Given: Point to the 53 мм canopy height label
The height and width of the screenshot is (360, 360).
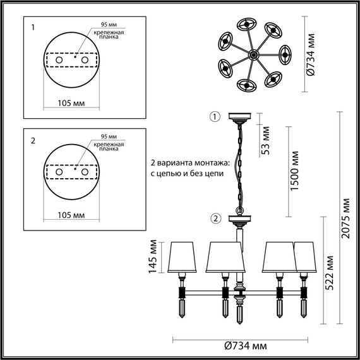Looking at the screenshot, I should click(x=266, y=146).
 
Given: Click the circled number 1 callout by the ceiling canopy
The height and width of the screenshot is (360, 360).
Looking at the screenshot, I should click(x=215, y=117).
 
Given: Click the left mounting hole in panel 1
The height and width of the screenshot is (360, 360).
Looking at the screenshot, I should click(x=58, y=59).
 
